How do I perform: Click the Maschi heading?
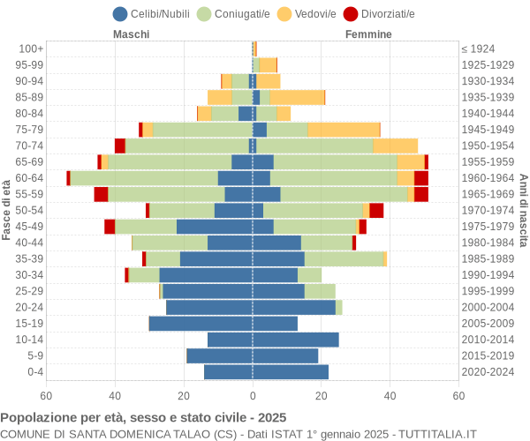click(131, 34)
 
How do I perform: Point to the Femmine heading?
click(368, 34)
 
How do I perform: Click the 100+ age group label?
click(31, 49)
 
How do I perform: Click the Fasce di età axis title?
click(7, 210)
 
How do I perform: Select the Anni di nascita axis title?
click(523, 210)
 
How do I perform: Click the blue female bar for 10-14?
click(296, 340)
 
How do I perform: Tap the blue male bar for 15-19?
click(201, 324)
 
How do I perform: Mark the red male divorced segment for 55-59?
click(101, 194)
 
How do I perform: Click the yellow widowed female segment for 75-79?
click(344, 130)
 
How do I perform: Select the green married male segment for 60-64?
click(144, 178)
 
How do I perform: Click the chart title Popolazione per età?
click(143, 417)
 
